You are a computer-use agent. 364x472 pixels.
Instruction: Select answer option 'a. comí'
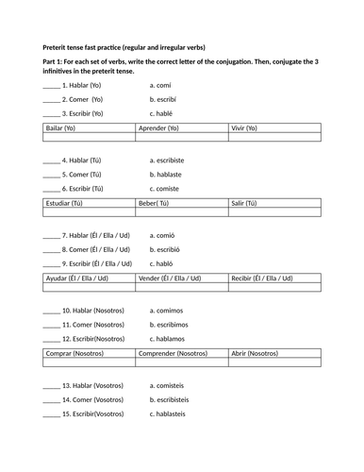(x=162, y=85)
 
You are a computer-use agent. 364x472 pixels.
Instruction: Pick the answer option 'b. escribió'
(x=169, y=249)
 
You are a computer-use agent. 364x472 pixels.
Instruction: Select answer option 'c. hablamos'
(x=171, y=339)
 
